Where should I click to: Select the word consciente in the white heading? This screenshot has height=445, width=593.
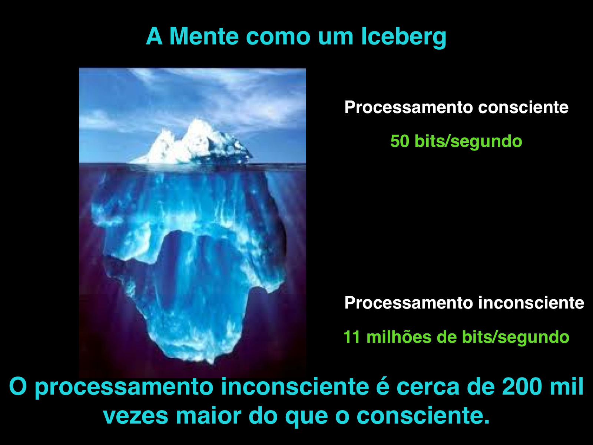[x=523, y=108]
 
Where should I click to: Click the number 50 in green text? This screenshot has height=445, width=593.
[x=400, y=141]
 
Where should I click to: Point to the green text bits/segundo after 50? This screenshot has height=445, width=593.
[x=468, y=141]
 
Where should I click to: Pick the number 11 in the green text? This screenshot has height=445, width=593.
[x=351, y=337]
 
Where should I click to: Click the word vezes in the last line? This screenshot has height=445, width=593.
[x=135, y=416]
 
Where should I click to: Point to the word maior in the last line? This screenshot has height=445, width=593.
[x=208, y=416]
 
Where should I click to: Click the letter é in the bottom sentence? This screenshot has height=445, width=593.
[x=382, y=387]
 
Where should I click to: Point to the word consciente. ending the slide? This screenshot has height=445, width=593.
[x=423, y=416]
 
